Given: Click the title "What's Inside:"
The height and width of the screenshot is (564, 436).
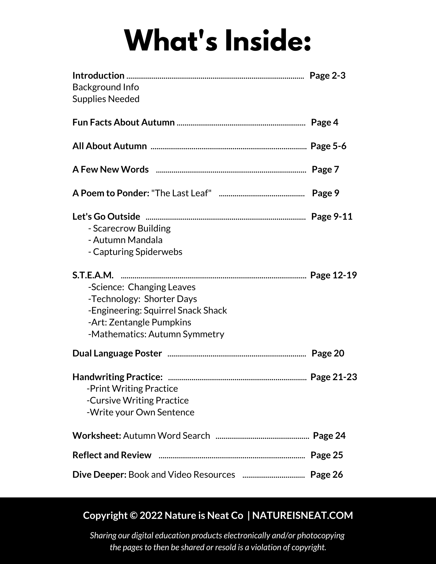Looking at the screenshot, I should (x=218, y=41).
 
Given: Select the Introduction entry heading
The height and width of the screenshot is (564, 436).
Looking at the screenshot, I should (x=98, y=76).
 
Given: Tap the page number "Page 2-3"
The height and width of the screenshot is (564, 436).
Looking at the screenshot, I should (x=327, y=76).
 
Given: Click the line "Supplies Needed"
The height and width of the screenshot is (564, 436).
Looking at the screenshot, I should (x=106, y=99).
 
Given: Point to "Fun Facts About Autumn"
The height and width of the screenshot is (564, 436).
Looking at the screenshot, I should (x=123, y=122).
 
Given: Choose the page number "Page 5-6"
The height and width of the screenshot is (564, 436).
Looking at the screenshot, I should (x=328, y=146).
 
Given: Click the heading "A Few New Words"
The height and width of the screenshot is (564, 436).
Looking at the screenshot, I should (x=110, y=169).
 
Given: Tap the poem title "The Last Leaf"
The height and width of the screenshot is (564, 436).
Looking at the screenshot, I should (x=181, y=193).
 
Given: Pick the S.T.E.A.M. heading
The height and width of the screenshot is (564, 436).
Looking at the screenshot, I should (x=93, y=275).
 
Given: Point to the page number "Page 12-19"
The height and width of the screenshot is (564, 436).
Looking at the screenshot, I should (x=333, y=275).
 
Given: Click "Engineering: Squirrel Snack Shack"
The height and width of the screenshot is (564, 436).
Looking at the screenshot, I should (x=157, y=310).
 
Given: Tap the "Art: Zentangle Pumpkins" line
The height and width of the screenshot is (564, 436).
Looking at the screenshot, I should (x=140, y=322).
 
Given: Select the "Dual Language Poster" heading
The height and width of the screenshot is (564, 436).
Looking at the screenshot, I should (x=117, y=353).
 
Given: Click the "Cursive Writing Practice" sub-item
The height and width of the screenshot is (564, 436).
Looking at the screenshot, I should (x=138, y=400).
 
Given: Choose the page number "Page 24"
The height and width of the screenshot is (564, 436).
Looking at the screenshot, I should (x=329, y=436).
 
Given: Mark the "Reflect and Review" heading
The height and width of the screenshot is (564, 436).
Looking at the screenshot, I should (x=112, y=455).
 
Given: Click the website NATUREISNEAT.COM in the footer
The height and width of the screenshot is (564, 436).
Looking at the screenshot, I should (x=303, y=515).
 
